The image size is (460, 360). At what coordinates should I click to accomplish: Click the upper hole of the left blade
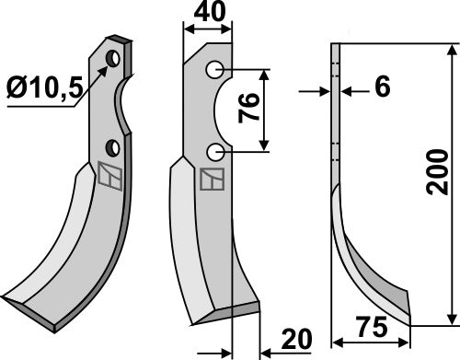[112, 60]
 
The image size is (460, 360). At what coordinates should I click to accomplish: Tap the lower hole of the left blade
[110, 147]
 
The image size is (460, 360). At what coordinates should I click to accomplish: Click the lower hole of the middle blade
[213, 151]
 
